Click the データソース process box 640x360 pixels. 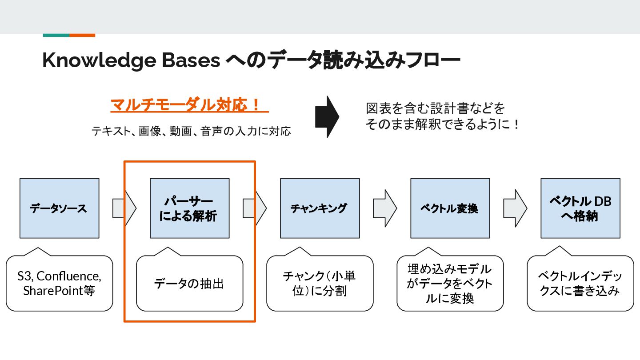click(x=59, y=208)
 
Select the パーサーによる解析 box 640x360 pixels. click(x=190, y=208)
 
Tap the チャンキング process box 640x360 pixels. click(x=320, y=208)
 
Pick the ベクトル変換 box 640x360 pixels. click(x=450, y=208)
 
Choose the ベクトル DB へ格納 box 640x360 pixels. click(x=580, y=208)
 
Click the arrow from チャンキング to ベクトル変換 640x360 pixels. click(x=384, y=208)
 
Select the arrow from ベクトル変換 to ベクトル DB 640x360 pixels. click(x=515, y=208)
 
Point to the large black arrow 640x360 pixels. click(x=327, y=117)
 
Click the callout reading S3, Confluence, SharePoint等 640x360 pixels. click(x=59, y=283)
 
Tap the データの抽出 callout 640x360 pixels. click(x=190, y=283)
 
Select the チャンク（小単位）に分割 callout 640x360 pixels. click(x=320, y=283)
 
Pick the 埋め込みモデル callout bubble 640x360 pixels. click(x=450, y=283)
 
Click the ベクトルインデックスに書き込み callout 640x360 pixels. click(x=580, y=283)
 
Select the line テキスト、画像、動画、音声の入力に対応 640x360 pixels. click(x=191, y=131)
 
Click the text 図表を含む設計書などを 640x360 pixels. click(x=436, y=108)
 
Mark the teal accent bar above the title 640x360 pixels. click(x=56, y=35)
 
